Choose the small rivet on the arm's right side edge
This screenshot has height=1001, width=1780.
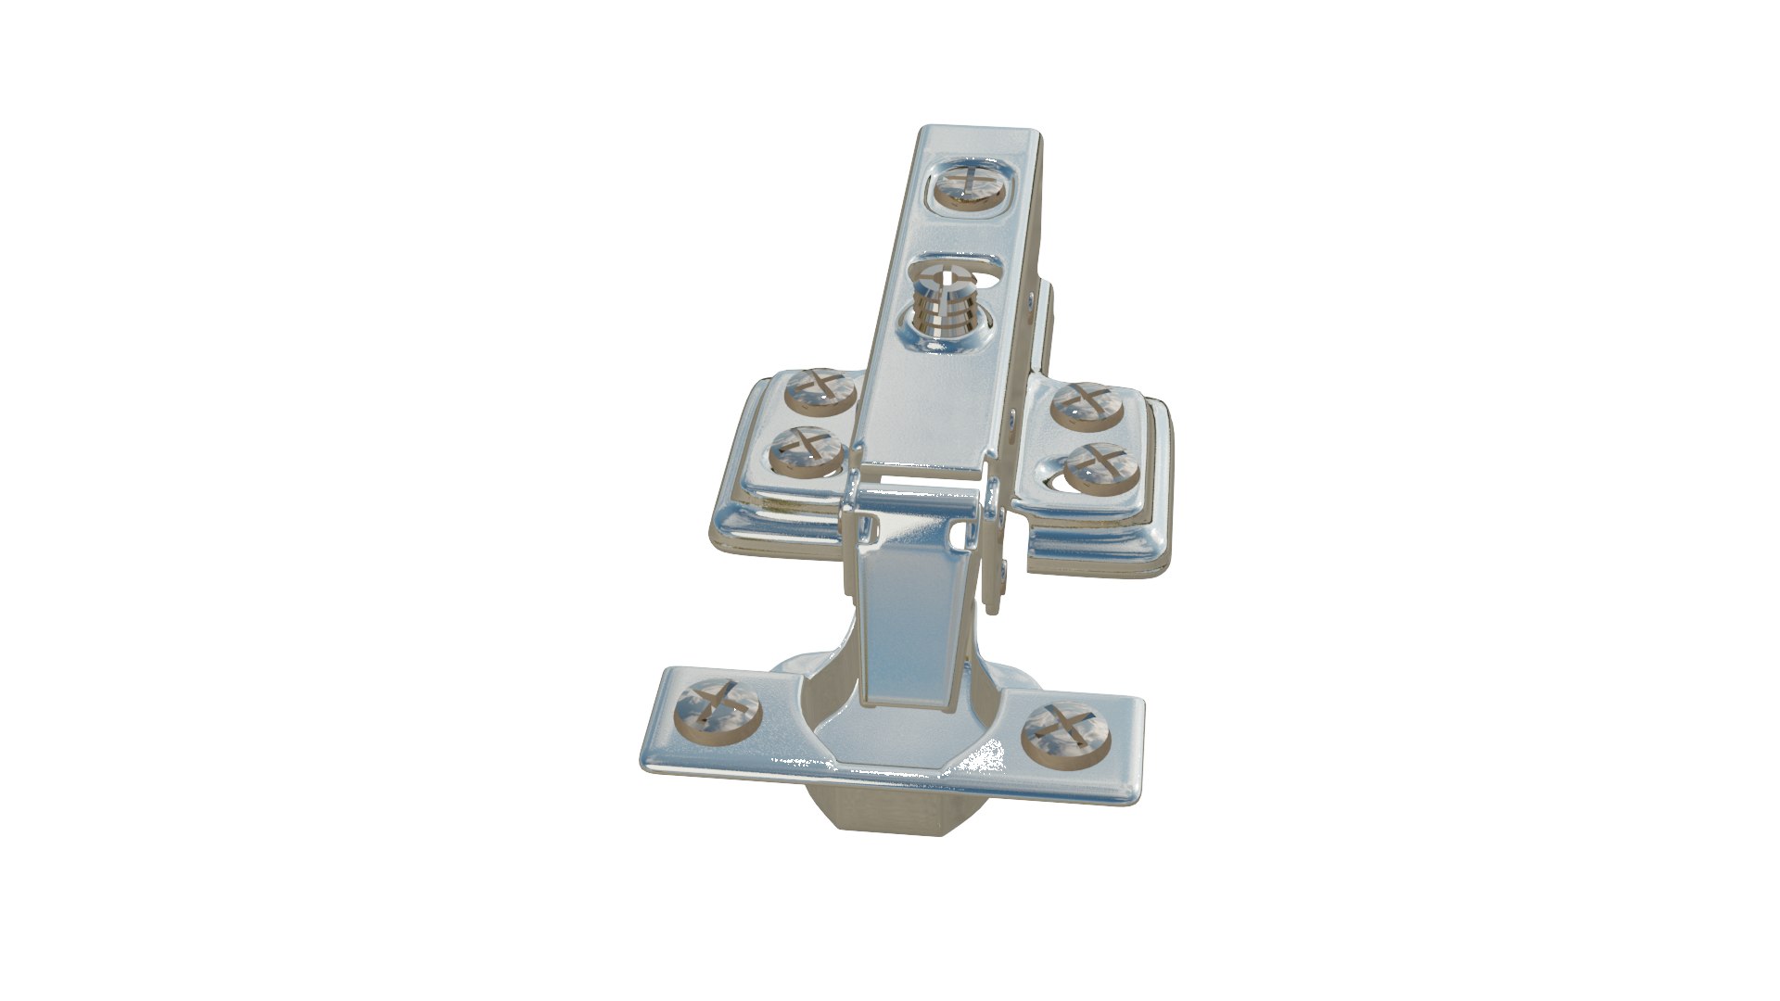(x=1032, y=298)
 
